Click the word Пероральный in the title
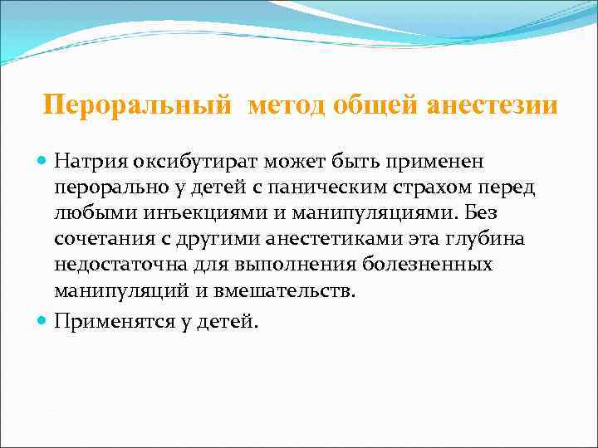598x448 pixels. pyautogui.click(x=137, y=107)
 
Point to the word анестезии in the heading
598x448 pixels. pyautogui.click(x=493, y=107)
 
